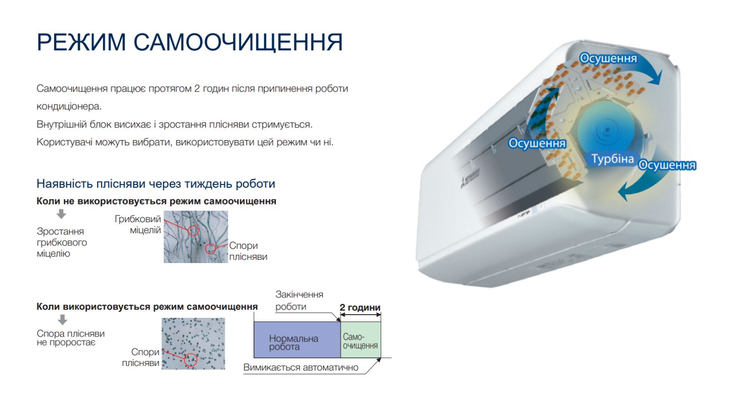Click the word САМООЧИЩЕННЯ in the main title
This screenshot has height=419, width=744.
(238, 42)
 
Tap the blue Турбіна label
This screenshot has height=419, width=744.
(612, 159)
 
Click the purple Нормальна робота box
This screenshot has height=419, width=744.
(297, 340)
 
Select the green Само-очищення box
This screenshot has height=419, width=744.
(361, 340)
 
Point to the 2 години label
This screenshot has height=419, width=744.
(360, 307)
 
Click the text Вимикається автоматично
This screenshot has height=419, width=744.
(301, 367)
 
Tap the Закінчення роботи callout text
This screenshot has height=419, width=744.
(299, 301)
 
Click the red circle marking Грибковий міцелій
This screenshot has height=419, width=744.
(193, 230)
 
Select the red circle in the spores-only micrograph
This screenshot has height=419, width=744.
(191, 360)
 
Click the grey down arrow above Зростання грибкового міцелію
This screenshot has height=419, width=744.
(61, 214)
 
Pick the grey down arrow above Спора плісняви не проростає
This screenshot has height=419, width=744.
(63, 320)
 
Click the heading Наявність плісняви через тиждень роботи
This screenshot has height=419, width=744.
(156, 184)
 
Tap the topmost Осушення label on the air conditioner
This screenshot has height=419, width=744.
(608, 58)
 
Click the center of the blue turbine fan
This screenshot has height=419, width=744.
(607, 130)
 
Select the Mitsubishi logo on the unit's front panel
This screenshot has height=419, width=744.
(470, 178)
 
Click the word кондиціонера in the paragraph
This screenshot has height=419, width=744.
(69, 107)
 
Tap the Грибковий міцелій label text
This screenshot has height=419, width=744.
(138, 224)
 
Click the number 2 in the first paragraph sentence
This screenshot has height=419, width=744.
(197, 88)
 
